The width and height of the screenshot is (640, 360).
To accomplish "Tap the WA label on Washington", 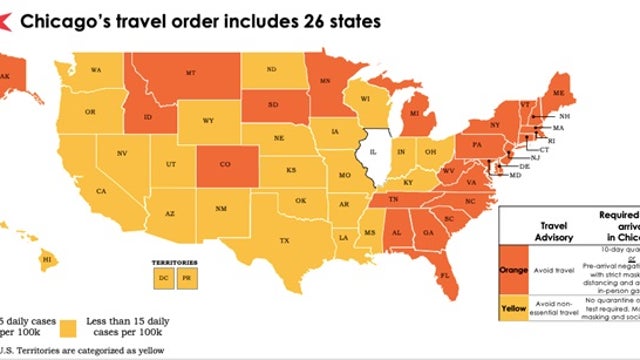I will click(97, 70).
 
